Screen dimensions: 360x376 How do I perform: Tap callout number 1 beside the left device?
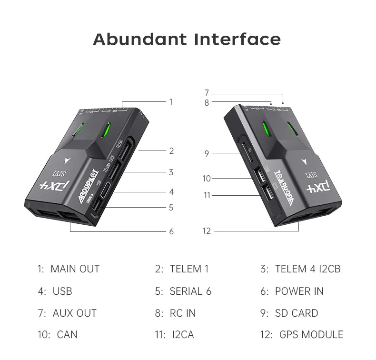(171, 101)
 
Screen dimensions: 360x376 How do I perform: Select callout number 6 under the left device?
(171, 231)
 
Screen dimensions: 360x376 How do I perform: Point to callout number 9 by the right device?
(207, 153)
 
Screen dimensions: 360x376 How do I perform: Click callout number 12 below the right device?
(207, 231)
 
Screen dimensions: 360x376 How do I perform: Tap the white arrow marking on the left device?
(66, 160)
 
